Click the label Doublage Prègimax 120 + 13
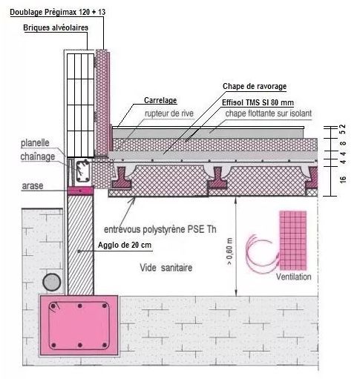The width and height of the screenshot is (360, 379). pos(58,12)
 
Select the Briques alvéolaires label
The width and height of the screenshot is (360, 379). pos(56,27)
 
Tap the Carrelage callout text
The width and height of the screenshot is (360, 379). pos(160,100)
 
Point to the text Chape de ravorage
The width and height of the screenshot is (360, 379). pos(255,86)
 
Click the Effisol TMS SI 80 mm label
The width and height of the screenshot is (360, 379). pos(258,102)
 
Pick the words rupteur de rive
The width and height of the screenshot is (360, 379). pos(169,113)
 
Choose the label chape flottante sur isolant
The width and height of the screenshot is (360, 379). pos(269,113)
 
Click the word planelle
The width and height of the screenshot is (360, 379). pos(35,143)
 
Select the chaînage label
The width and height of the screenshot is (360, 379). pos(38,156)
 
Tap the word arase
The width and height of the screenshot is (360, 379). pos(33,185)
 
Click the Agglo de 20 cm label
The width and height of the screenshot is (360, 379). pos(125,245)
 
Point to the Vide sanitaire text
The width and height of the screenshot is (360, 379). pos(166,268)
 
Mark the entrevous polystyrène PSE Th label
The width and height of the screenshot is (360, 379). pos(160,229)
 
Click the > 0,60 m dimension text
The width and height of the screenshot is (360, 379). pos(229,251)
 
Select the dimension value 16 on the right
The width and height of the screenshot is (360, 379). pos(343,179)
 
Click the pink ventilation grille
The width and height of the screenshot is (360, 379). pos(293,240)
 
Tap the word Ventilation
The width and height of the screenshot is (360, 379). pos(294,277)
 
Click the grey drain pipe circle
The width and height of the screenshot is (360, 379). pos(52,282)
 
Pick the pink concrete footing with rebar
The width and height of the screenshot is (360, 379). pos(79,326)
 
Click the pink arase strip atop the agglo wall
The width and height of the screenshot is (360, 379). pos(80,191)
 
